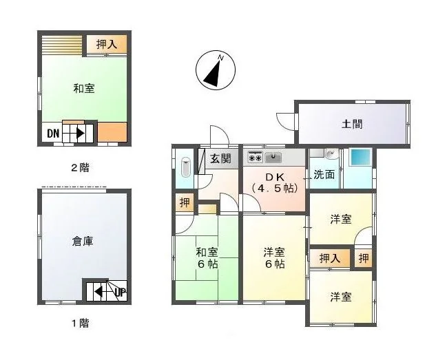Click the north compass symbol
point(216,70)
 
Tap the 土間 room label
point(352,124)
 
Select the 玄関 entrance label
point(220,158)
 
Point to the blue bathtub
point(361,157)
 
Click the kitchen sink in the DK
point(273,157)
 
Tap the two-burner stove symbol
point(255,157)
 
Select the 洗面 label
point(324,175)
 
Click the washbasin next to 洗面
point(331,155)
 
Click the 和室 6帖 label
point(207,258)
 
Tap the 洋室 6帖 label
point(275,258)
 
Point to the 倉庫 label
point(83,242)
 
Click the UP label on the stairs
point(121,292)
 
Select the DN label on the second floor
point(53,134)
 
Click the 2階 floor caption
point(80,168)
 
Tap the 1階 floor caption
point(80,324)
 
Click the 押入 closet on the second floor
point(107,44)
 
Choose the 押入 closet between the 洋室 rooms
point(330,259)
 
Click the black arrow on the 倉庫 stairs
point(98,292)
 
